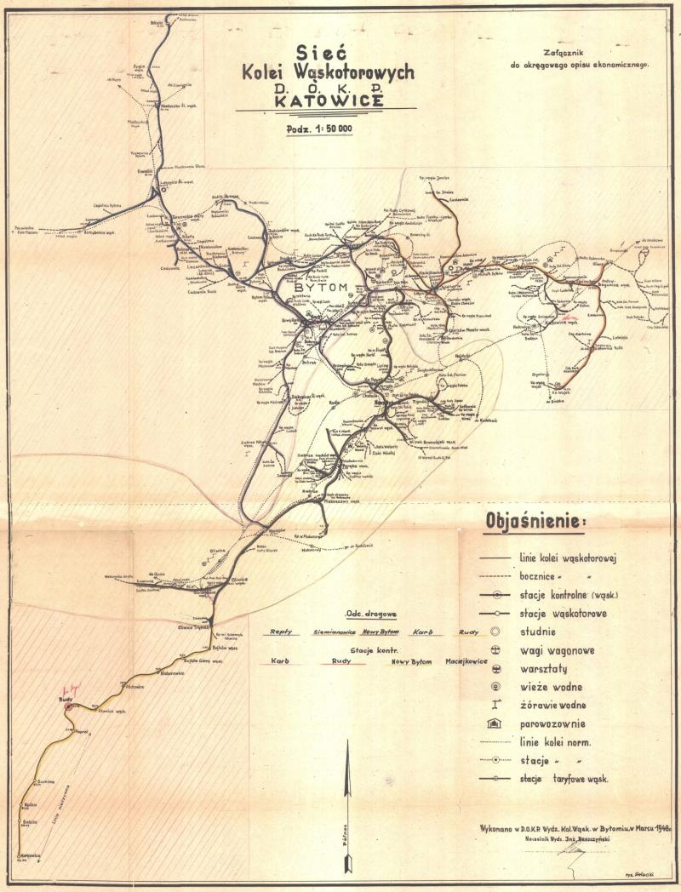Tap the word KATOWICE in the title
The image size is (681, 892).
pyautogui.click(x=326, y=100)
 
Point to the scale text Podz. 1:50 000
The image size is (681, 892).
pyautogui.click(x=326, y=129)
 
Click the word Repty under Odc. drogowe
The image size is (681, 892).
pyautogui.click(x=282, y=632)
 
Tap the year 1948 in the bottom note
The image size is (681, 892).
pyautogui.click(x=650, y=826)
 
